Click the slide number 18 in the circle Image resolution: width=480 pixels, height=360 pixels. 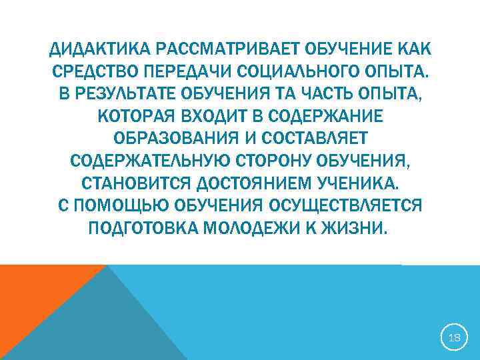(455, 338)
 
